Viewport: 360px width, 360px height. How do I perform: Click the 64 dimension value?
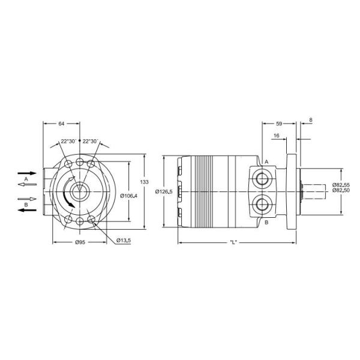click(x=61, y=124)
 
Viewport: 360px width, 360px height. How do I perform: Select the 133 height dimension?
click(x=143, y=181)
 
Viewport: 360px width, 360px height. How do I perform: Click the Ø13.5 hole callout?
click(x=123, y=241)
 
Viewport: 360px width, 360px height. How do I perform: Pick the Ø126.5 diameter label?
click(x=164, y=191)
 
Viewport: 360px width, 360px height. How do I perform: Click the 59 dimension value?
click(x=279, y=124)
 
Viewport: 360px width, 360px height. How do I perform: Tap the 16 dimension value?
click(x=276, y=136)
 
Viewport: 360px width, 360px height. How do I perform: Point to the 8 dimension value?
click(x=310, y=120)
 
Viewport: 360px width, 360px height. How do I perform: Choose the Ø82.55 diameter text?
click(x=341, y=185)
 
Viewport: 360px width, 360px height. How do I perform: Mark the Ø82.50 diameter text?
click(x=341, y=190)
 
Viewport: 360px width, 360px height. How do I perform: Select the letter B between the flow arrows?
click(x=26, y=205)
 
